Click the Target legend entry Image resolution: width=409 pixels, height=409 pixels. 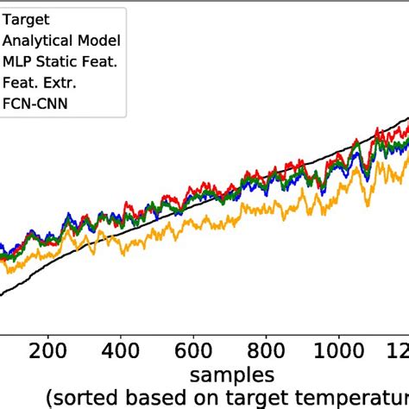click(26, 17)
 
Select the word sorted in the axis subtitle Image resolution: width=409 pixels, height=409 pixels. click(87, 398)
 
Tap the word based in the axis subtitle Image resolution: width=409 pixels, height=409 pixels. click(161, 398)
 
